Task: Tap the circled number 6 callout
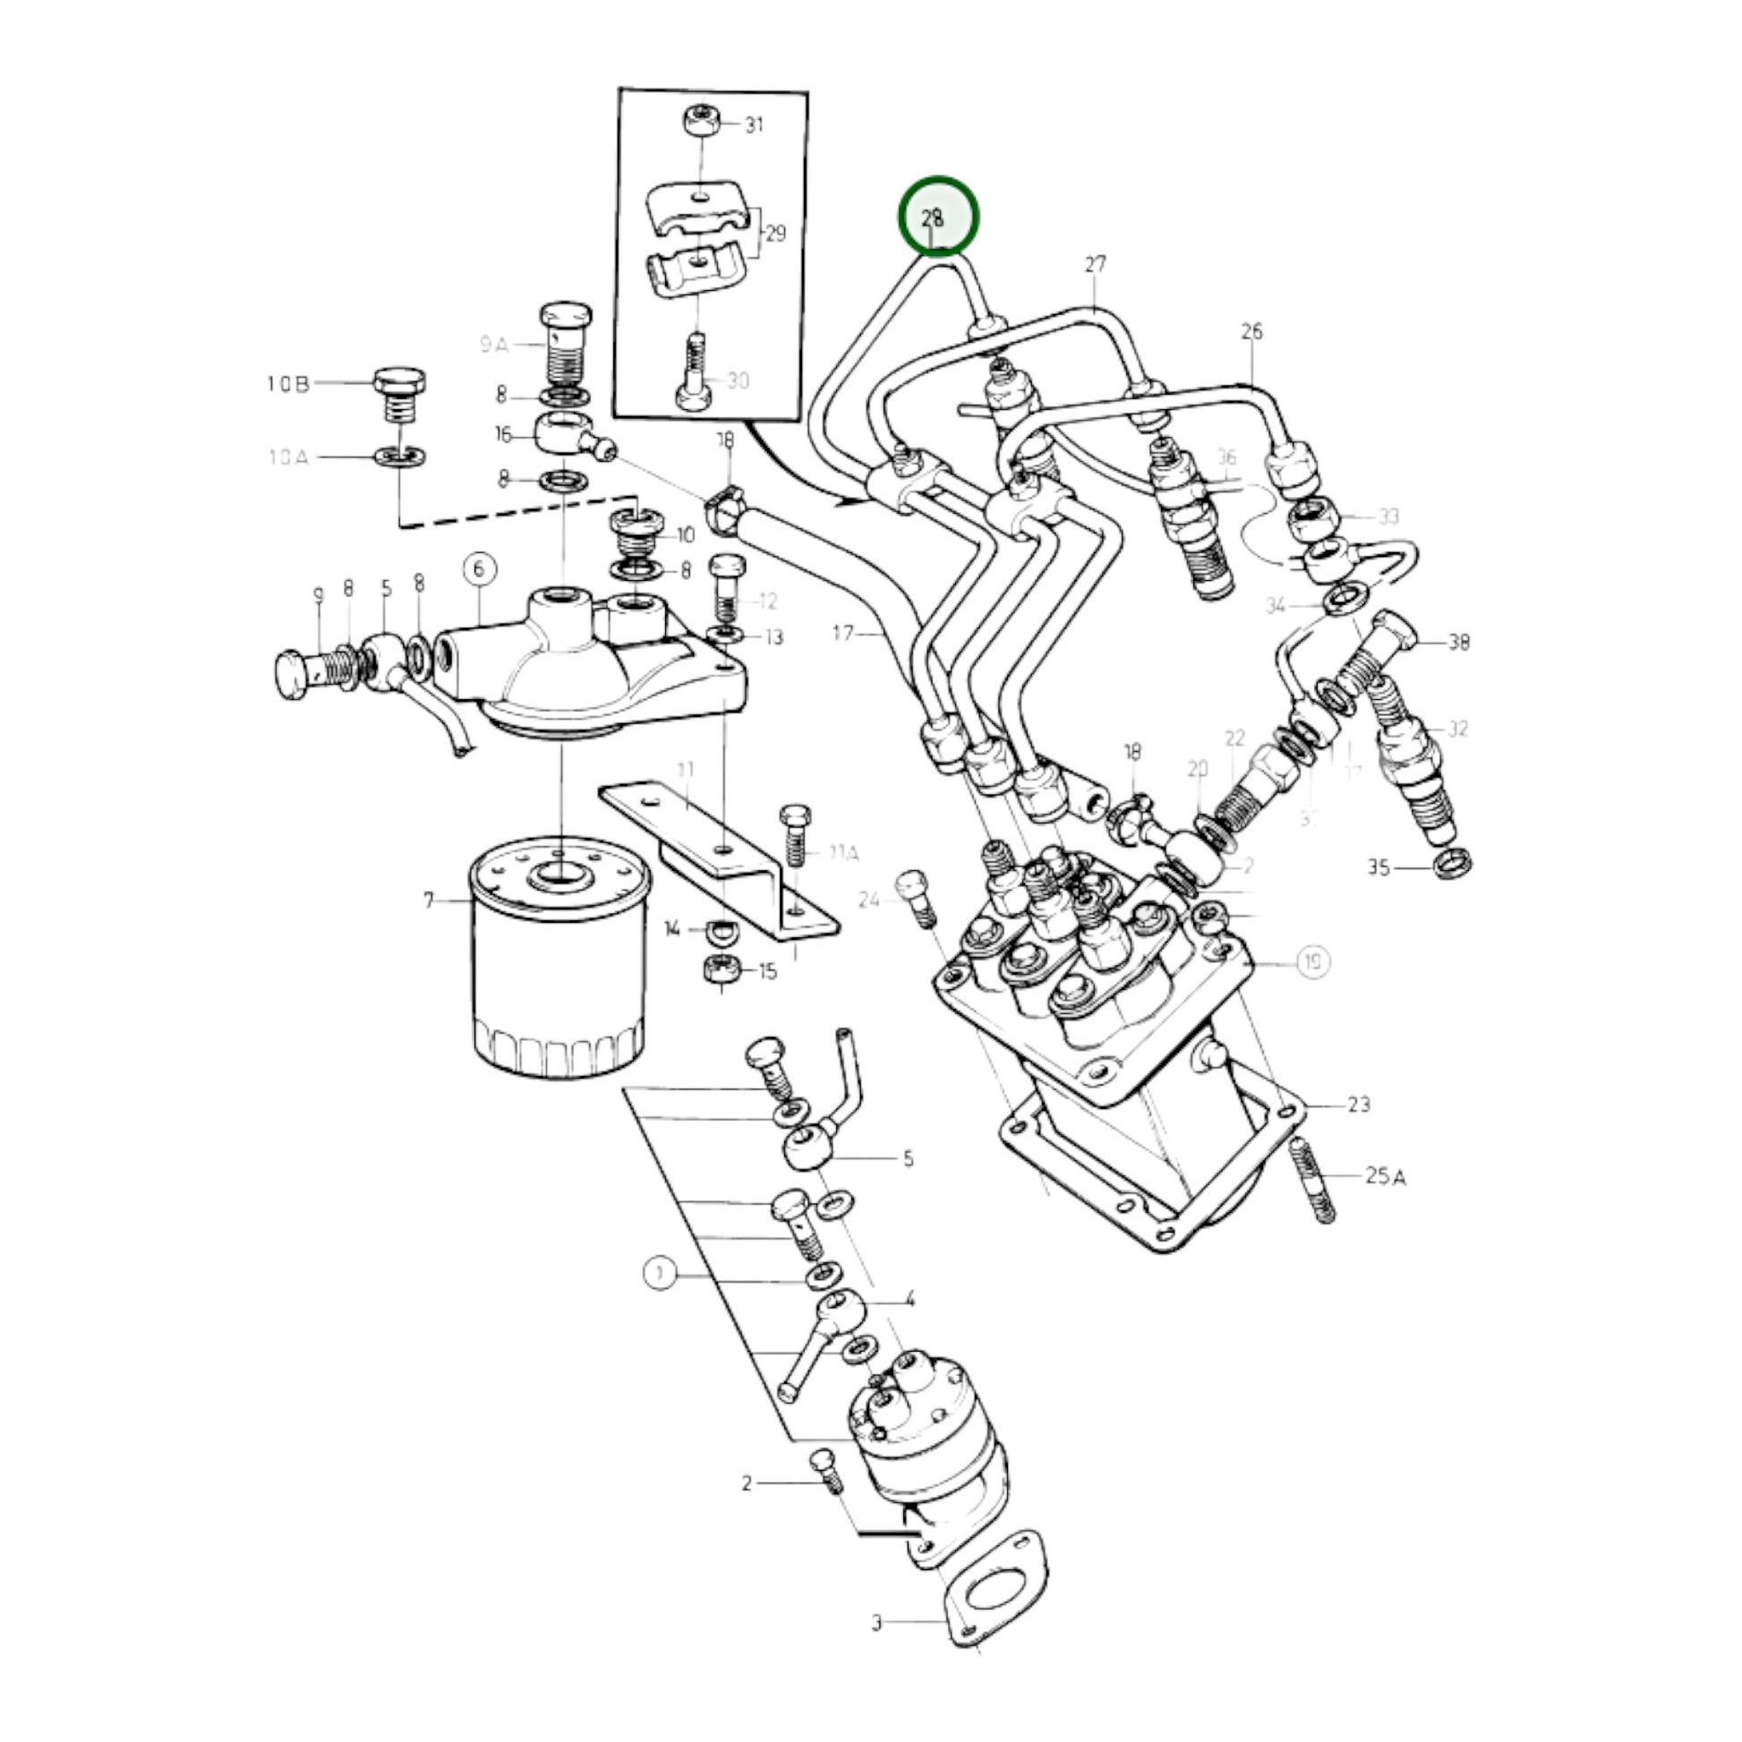click(x=479, y=568)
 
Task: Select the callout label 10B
click(x=287, y=385)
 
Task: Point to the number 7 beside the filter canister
click(x=429, y=899)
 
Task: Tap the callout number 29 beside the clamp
click(x=774, y=234)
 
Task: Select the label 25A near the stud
click(x=1385, y=1175)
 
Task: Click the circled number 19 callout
click(x=1313, y=962)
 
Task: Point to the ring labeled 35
click(x=1452, y=863)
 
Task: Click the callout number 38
click(x=1459, y=642)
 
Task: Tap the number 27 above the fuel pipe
click(x=1095, y=265)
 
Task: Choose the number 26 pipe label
click(x=1251, y=332)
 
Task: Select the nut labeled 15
click(x=722, y=969)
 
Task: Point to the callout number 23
click(x=1358, y=1104)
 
